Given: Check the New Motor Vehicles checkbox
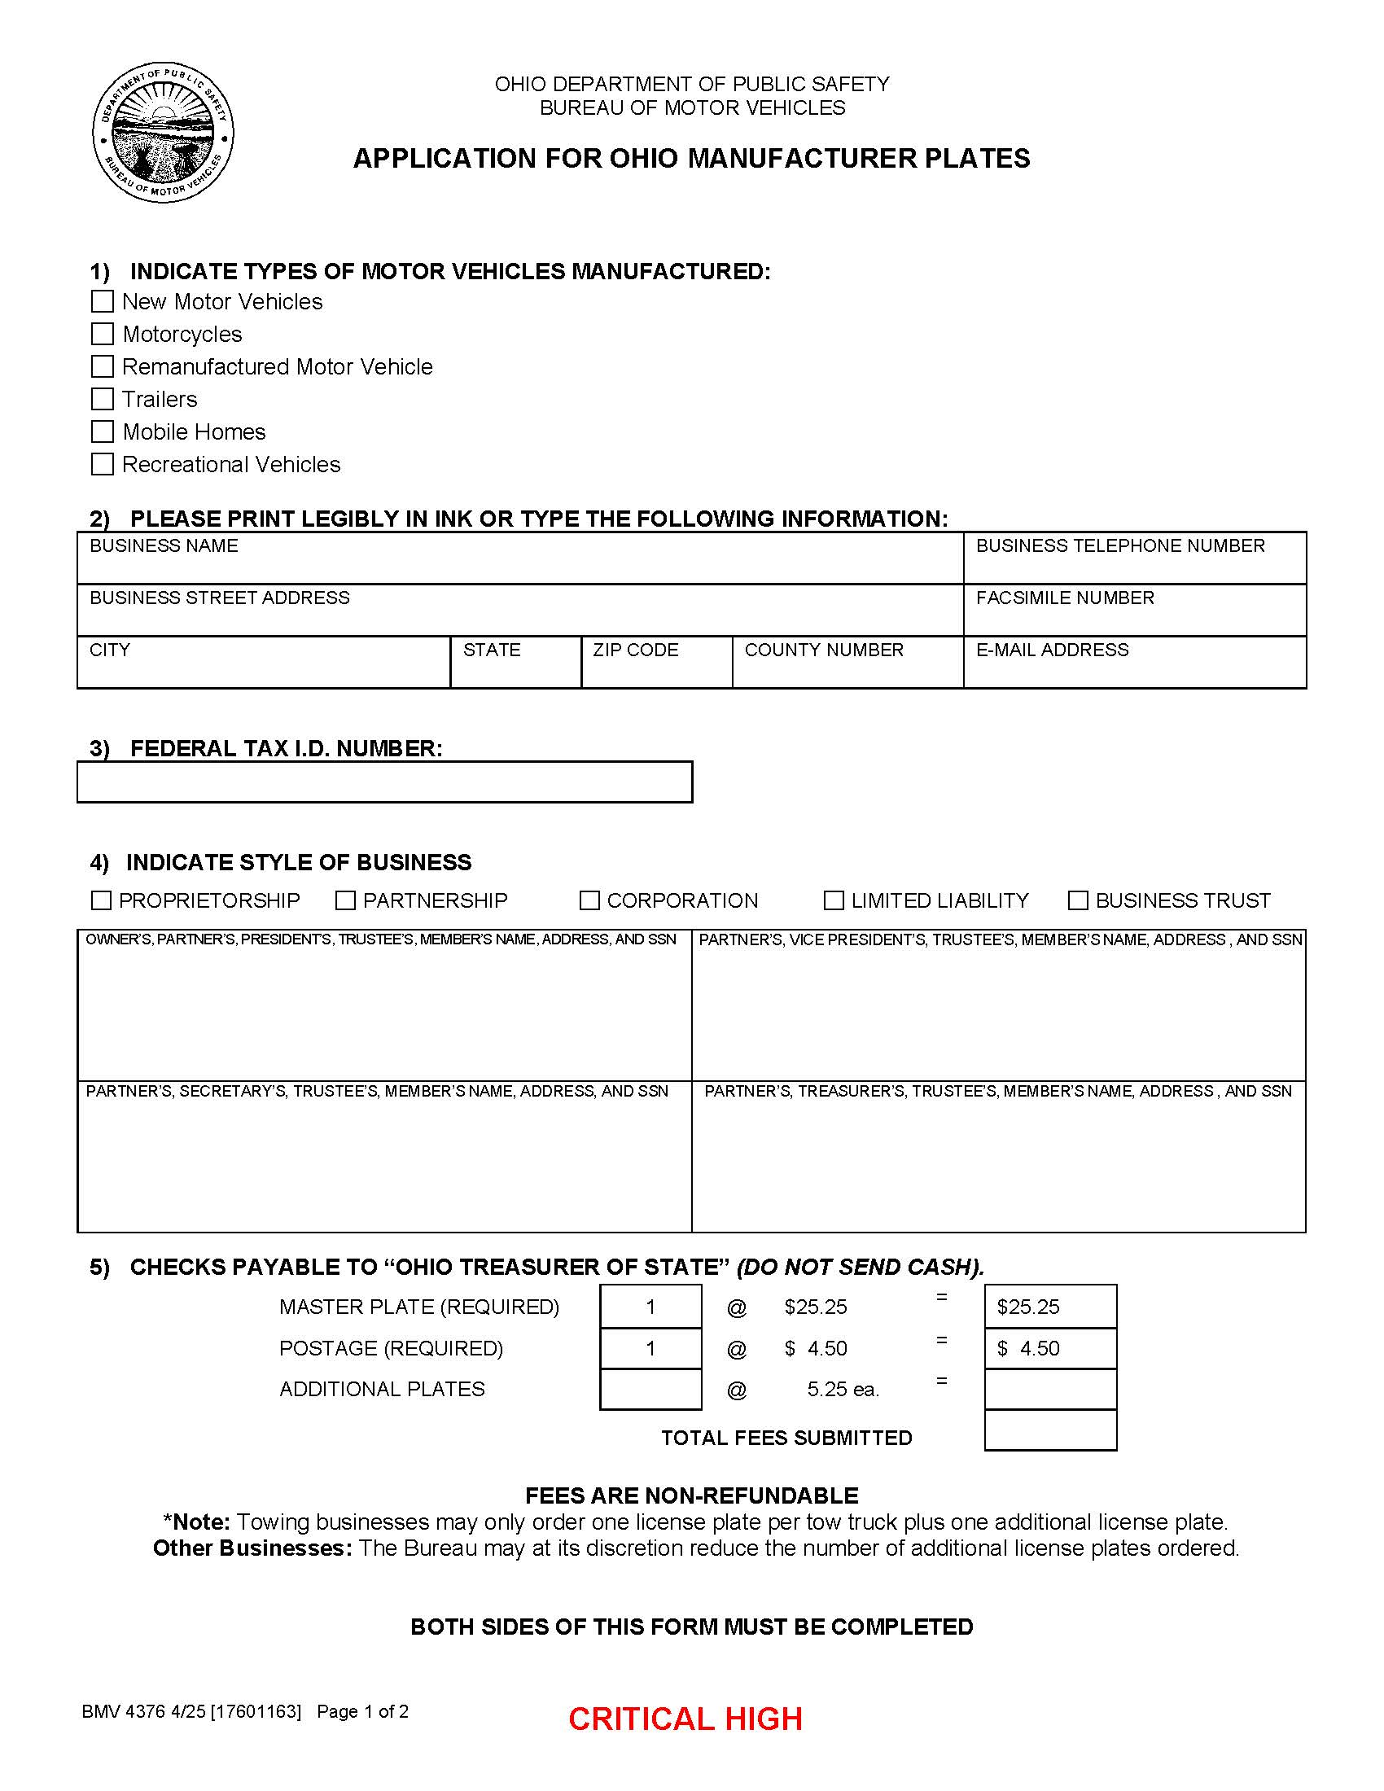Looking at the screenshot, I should click(103, 302).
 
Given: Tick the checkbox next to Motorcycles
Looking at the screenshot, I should click(103, 334).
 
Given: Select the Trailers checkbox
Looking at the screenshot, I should click(103, 400).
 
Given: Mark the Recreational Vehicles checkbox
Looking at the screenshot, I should click(103, 464).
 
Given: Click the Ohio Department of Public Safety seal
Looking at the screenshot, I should click(163, 132).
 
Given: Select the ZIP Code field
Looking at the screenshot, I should click(656, 669).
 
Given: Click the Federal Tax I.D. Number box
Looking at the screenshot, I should click(384, 782).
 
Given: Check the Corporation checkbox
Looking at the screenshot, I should click(589, 900).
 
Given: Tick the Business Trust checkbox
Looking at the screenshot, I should click(1078, 900).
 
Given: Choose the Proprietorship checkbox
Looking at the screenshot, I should click(101, 900).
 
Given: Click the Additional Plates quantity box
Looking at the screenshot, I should click(650, 1389).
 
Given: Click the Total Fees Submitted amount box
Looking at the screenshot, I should click(1049, 1430).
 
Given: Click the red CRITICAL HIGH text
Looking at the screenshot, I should click(685, 1719).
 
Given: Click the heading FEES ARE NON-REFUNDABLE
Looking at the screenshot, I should click(691, 1495).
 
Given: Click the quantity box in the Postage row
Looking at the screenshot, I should click(650, 1348).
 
